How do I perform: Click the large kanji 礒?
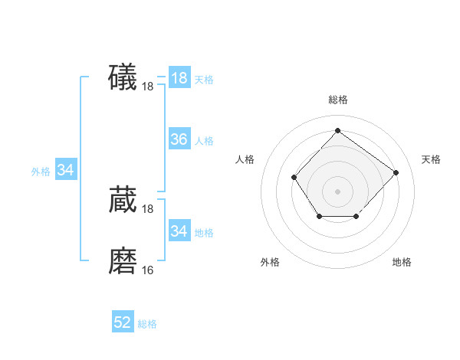coord(123,78)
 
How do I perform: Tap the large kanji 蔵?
coord(123,200)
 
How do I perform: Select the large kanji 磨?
coord(123,260)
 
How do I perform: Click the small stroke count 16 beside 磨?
coord(148,270)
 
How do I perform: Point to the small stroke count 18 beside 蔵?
coord(148,209)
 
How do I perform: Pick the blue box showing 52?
coord(123,322)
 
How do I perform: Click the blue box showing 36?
coord(179,139)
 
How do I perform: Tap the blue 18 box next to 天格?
coord(179,78)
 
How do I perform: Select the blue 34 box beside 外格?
coord(65,170)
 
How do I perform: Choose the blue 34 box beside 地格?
coord(179,231)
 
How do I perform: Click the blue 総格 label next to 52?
coord(147,324)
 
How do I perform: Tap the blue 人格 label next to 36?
coord(204,141)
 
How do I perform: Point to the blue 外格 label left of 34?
coord(41,172)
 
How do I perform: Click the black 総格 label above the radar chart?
coord(337,100)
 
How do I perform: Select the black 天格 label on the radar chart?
coord(431,159)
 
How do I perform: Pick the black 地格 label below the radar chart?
coord(402,262)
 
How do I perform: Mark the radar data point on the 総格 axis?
coord(337,130)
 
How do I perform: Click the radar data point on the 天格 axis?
coord(396,172)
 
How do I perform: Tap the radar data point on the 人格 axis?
coord(294,177)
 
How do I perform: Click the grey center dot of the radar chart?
coord(337,191)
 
